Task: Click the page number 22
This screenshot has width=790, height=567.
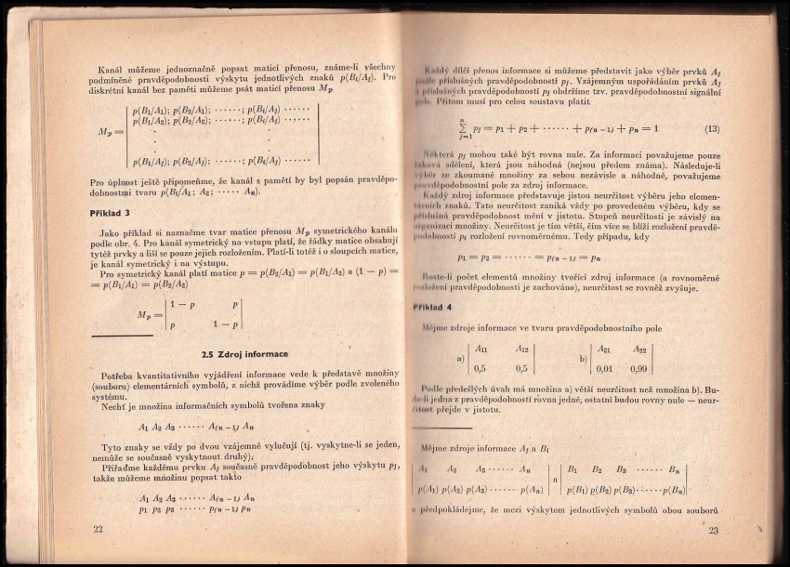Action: click(x=99, y=529)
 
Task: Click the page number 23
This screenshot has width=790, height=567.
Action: click(x=713, y=531)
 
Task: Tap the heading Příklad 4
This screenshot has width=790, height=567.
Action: click(x=432, y=307)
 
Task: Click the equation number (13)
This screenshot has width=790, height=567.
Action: click(x=712, y=128)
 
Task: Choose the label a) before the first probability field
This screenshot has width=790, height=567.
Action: click(x=459, y=358)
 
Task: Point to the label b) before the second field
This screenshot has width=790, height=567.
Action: click(x=582, y=358)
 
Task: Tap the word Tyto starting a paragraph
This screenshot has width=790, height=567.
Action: click(x=112, y=447)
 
